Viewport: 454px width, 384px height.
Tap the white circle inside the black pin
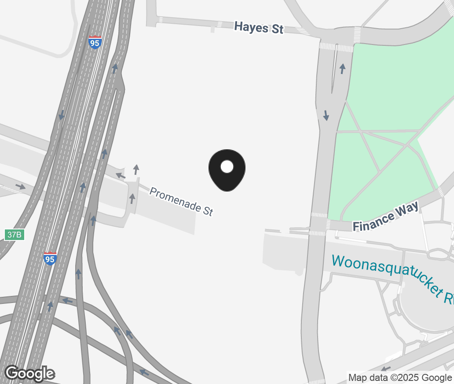coord(227,166)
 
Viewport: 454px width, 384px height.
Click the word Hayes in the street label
coord(251,27)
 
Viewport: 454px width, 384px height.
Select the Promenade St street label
coord(181,201)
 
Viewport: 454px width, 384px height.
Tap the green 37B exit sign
coord(14,234)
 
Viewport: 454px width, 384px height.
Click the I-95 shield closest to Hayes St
coord(95,42)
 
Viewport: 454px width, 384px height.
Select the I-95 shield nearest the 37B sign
coord(50,258)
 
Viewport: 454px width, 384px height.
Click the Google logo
coord(29,373)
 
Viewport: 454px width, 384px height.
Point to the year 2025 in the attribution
coord(404,377)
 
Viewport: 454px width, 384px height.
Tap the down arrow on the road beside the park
coord(326,115)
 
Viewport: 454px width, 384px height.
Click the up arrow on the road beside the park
coord(342,69)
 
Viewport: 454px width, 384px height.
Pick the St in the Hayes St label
coord(277,30)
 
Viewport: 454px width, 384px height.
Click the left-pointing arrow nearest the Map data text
coord(385,369)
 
